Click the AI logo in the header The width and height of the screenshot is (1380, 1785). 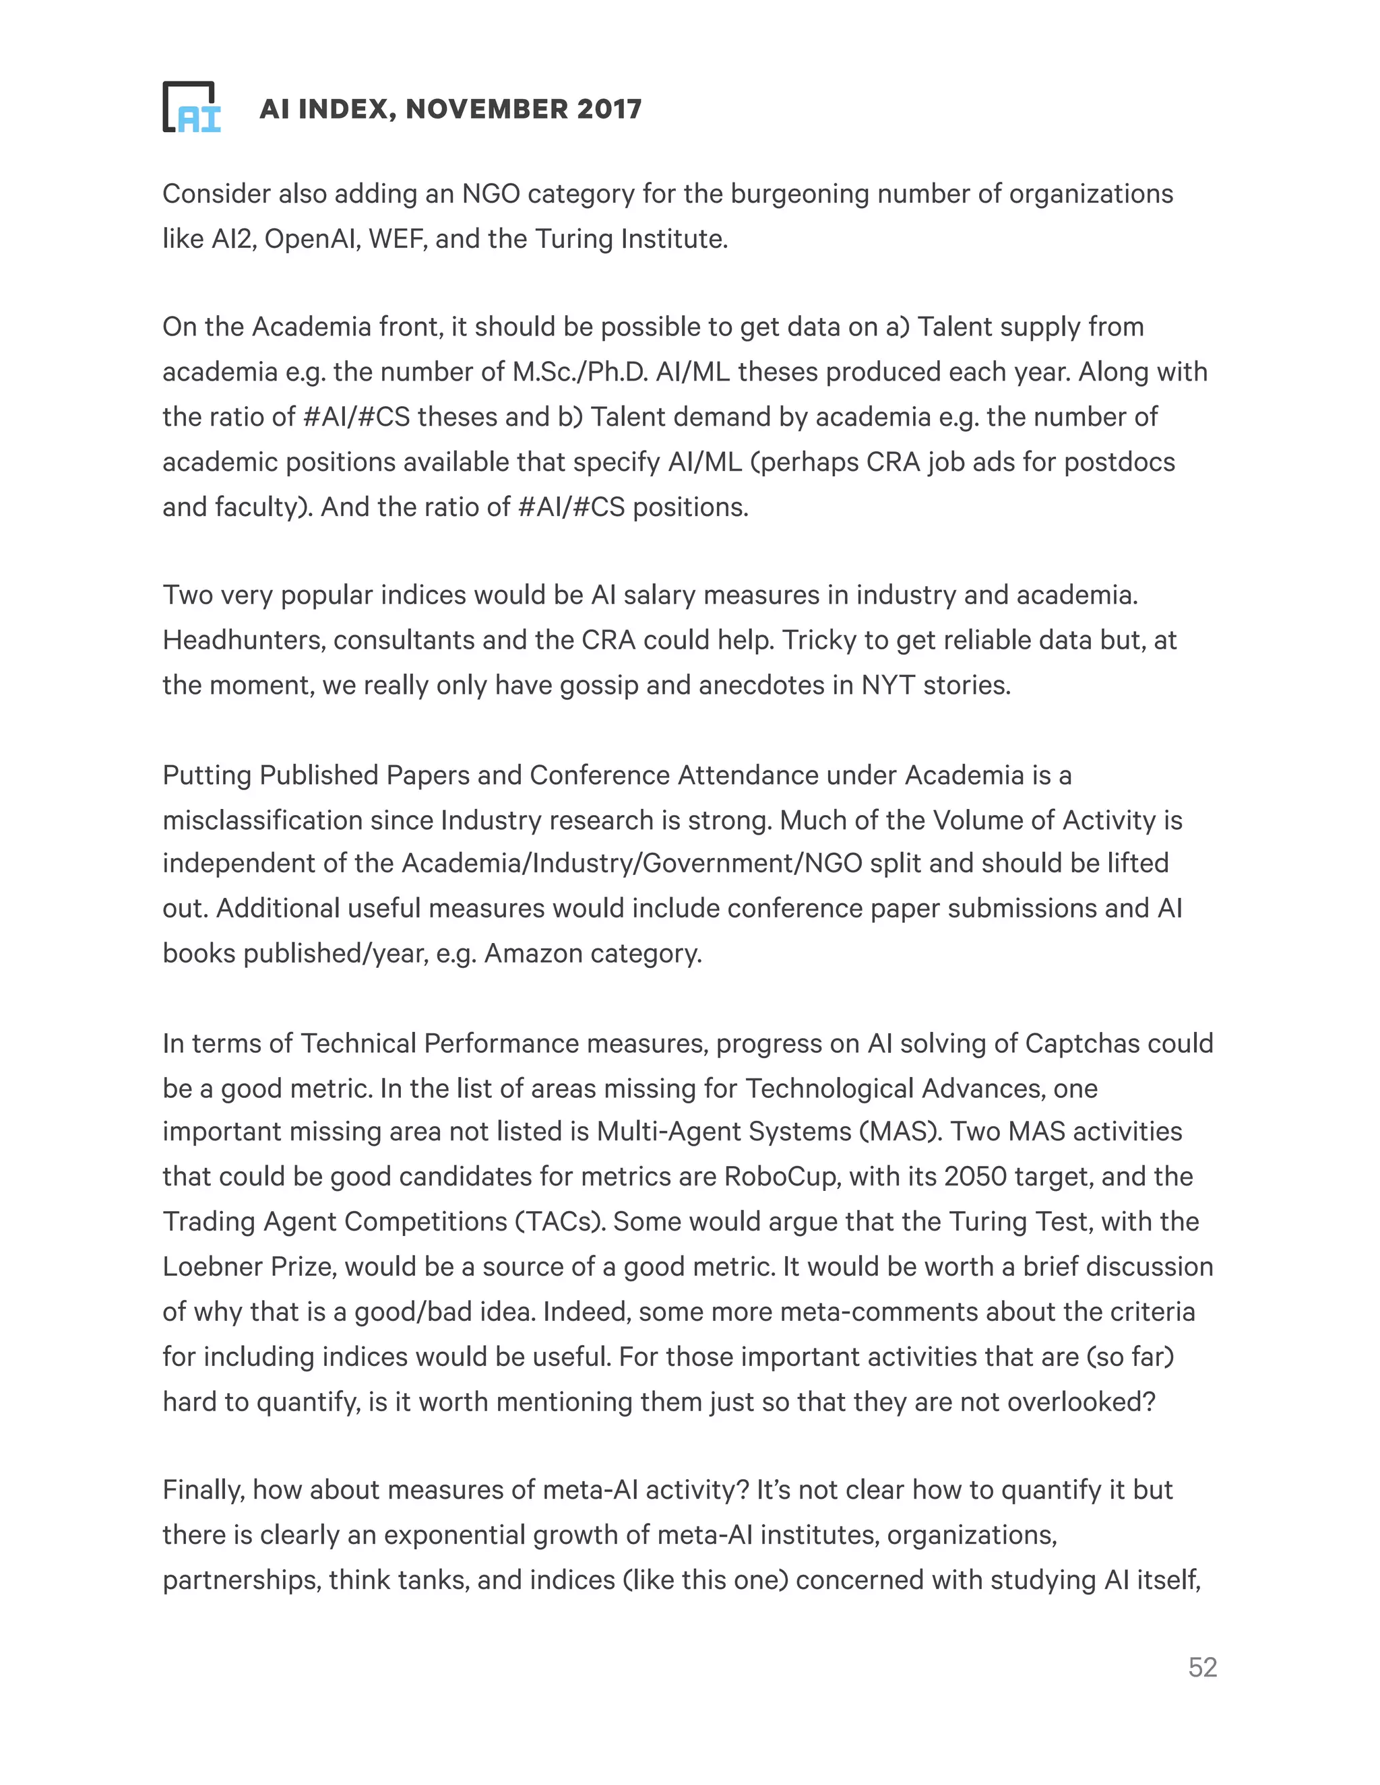coord(192,107)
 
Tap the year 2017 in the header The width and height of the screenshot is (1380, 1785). coord(608,108)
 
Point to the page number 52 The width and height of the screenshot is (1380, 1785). coord(1202,1666)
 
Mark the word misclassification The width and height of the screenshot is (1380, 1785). coord(261,820)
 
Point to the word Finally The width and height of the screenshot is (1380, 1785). coord(203,1490)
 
